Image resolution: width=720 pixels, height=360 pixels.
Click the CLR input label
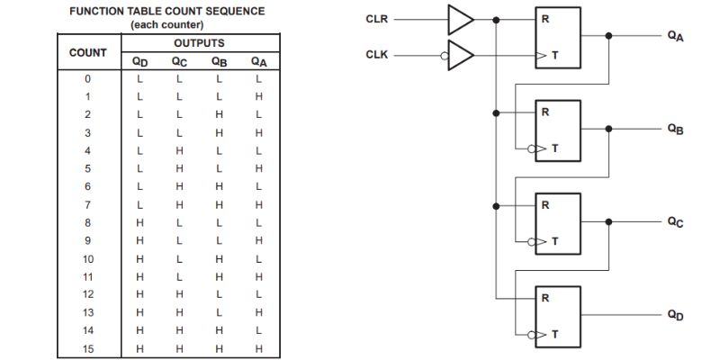pos(377,17)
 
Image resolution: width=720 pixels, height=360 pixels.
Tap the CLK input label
pos(377,54)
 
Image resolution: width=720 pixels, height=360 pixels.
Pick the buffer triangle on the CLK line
pos(461,54)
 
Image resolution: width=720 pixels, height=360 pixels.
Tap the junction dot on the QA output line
pos(609,36)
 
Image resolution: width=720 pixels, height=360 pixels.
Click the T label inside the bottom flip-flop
pos(554,333)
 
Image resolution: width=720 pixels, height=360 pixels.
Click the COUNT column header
pos(88,52)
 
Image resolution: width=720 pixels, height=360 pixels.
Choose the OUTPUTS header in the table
pos(199,42)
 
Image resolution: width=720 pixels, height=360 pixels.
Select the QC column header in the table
pos(179,61)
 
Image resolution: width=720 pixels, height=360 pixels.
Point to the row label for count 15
pos(87,347)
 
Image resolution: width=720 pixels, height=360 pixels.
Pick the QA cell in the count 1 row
pos(259,95)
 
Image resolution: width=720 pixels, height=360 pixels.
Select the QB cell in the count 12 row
pos(219,294)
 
